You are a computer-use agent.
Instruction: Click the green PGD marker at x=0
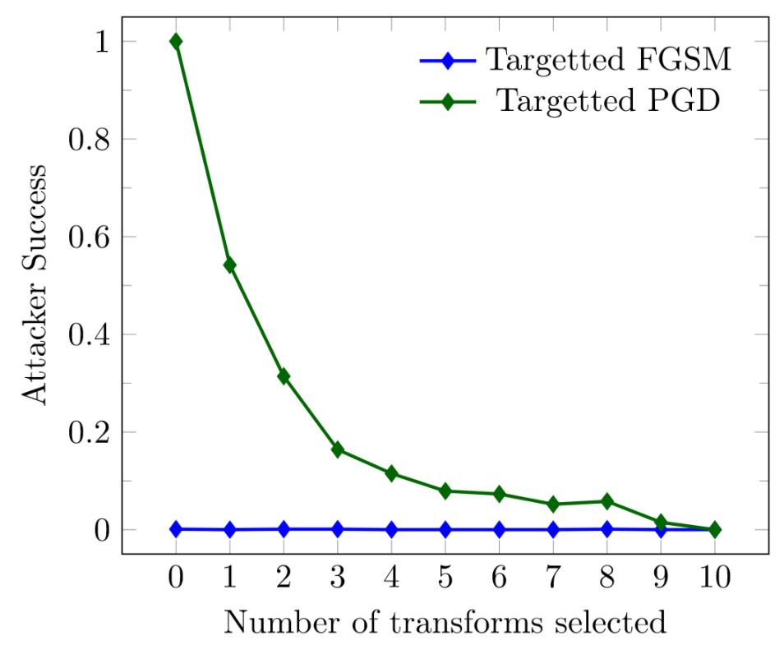point(176,41)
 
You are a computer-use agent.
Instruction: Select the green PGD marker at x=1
point(229,265)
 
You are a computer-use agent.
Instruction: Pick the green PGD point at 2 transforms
point(284,376)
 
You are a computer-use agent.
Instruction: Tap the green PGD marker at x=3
point(337,449)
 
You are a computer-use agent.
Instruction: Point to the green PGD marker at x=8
point(606,501)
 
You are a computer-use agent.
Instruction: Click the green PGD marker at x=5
point(445,491)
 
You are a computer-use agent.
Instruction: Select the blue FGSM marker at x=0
point(176,529)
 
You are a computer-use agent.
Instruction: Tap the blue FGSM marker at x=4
point(391,530)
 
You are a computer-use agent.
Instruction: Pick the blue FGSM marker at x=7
point(553,530)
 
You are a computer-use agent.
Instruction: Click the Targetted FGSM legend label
point(607,60)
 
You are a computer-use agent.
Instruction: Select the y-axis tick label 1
point(101,42)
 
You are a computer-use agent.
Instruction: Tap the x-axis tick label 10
point(714,577)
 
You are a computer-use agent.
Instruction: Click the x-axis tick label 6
point(499,577)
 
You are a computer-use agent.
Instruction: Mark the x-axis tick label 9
point(661,577)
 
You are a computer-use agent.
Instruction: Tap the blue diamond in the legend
point(448,61)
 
